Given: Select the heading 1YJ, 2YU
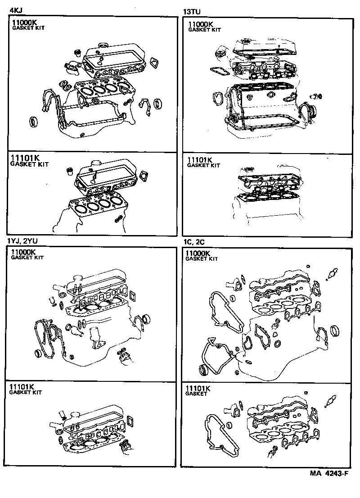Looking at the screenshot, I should [21, 241].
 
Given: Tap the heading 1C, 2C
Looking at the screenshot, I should [193, 242].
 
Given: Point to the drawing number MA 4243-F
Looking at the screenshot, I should [329, 473].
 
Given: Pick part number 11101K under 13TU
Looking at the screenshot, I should [200, 160].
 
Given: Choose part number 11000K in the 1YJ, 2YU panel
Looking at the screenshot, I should [24, 252].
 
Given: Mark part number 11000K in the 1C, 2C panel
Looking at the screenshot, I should [198, 254].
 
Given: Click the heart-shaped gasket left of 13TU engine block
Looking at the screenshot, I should [217, 98].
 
